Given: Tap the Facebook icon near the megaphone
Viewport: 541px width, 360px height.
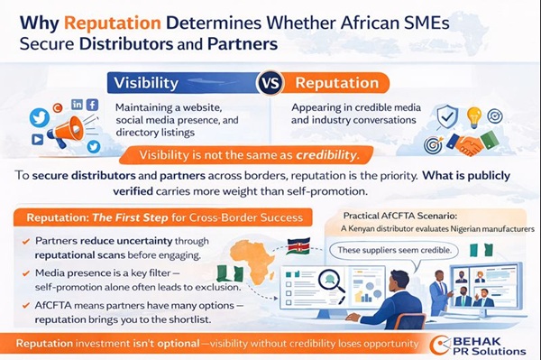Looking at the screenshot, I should pyautogui.click(x=92, y=105).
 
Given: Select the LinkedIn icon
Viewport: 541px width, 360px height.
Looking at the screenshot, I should pyautogui.click(x=76, y=106).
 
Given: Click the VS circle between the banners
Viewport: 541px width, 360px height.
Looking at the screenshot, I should pyautogui.click(x=271, y=83).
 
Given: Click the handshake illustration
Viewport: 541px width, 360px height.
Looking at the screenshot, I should pyautogui.click(x=472, y=143).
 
